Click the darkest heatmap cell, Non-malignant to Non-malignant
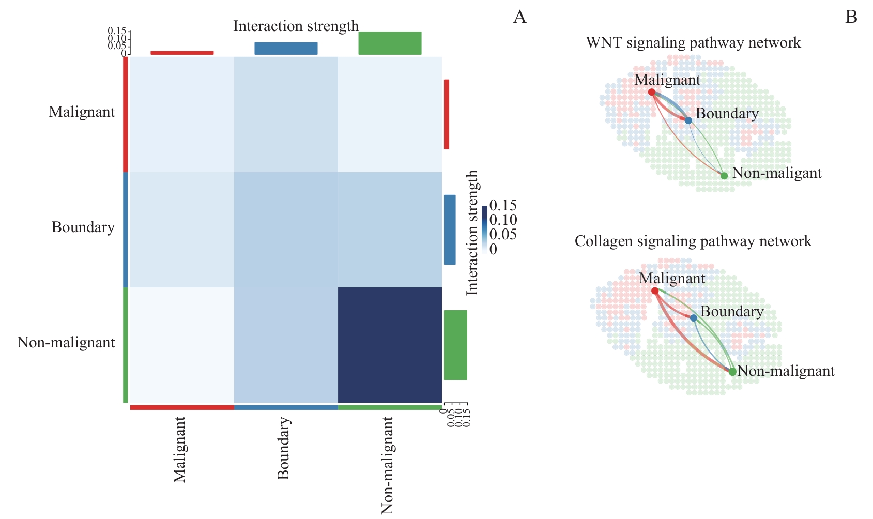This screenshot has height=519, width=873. coord(390,345)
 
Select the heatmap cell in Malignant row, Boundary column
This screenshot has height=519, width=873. coord(286,114)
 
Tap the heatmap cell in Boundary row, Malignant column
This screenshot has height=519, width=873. coord(182,229)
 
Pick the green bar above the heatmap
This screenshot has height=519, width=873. coord(390,43)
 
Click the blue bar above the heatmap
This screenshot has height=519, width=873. coord(286,48)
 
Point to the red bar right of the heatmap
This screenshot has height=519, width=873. coord(447,114)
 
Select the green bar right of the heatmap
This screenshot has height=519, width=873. coord(455,345)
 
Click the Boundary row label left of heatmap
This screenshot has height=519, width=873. coord(83,227)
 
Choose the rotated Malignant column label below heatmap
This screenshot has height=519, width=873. coord(179,450)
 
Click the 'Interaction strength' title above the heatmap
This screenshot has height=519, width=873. coord(296,26)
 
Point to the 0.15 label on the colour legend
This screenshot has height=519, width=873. coord(503,206)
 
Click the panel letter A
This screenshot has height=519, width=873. coord(519,18)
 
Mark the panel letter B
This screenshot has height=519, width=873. coord(851,18)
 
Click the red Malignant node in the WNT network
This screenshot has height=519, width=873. coord(652,92)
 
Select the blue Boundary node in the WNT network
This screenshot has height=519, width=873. coord(688,120)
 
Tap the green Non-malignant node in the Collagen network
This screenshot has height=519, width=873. coord(732,372)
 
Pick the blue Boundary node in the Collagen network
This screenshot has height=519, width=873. coord(693,318)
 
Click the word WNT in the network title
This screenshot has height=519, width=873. coord(604,42)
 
